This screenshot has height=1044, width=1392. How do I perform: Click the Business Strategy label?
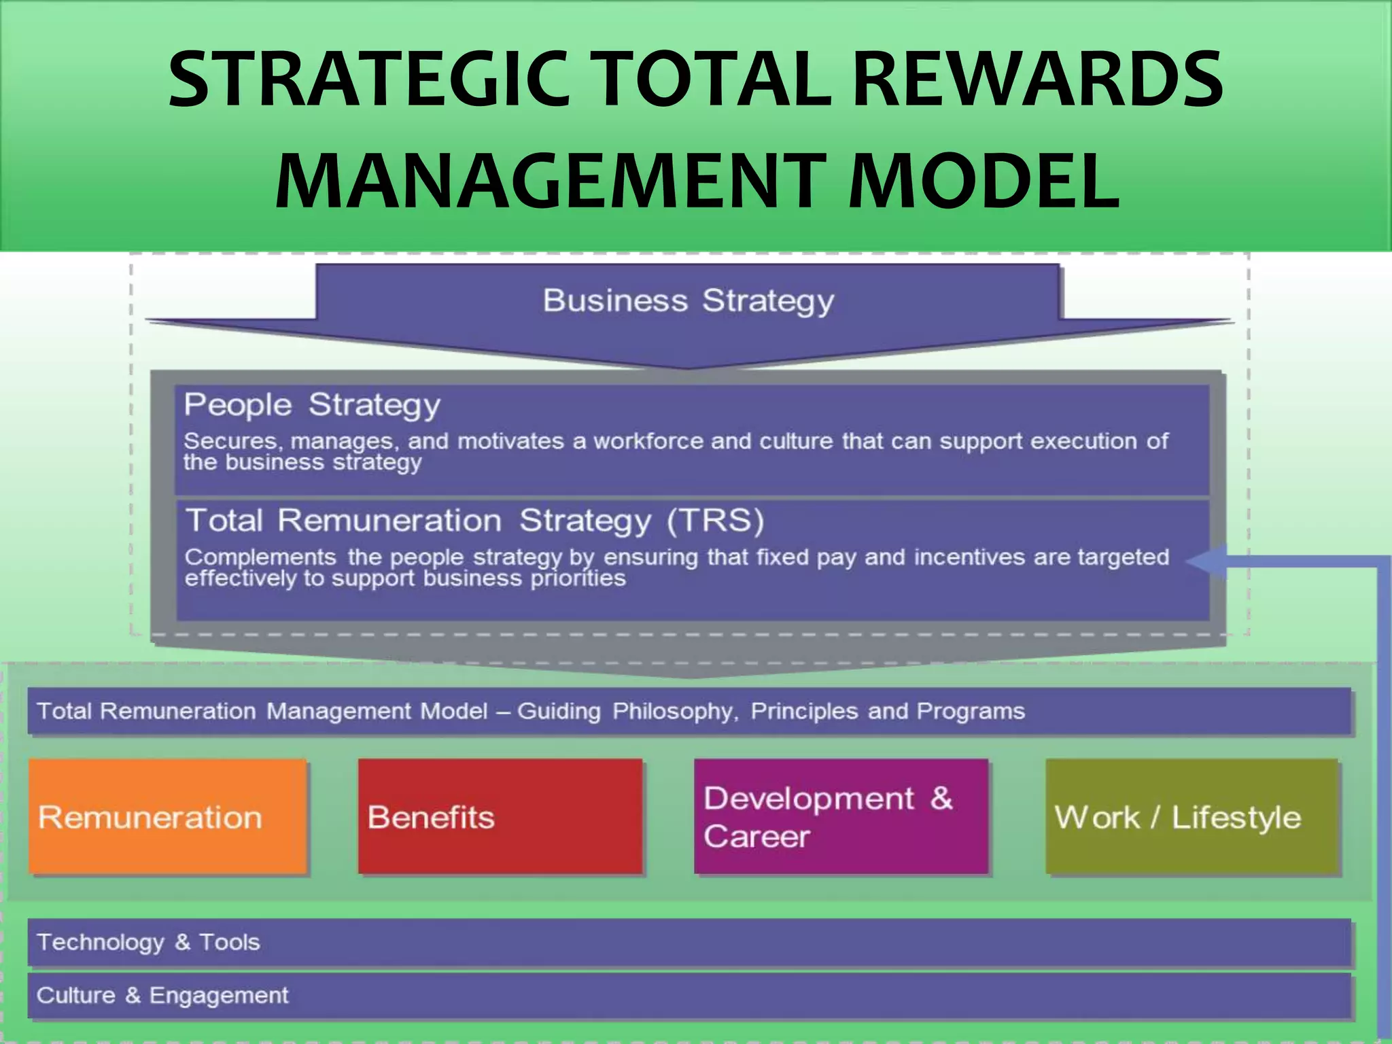(x=688, y=300)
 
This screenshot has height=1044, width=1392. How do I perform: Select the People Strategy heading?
(x=312, y=405)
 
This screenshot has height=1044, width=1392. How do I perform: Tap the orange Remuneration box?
(x=168, y=816)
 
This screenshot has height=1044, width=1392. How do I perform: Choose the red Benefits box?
(x=500, y=816)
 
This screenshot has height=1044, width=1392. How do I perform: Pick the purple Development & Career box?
(x=841, y=816)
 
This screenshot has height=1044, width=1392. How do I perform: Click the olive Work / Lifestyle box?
(x=1191, y=816)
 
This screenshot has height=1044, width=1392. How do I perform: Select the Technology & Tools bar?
(x=689, y=942)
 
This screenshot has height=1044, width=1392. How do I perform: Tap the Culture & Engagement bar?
(x=689, y=996)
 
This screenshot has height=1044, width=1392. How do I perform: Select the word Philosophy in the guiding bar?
(x=674, y=712)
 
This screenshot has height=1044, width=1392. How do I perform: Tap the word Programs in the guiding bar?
(x=971, y=712)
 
